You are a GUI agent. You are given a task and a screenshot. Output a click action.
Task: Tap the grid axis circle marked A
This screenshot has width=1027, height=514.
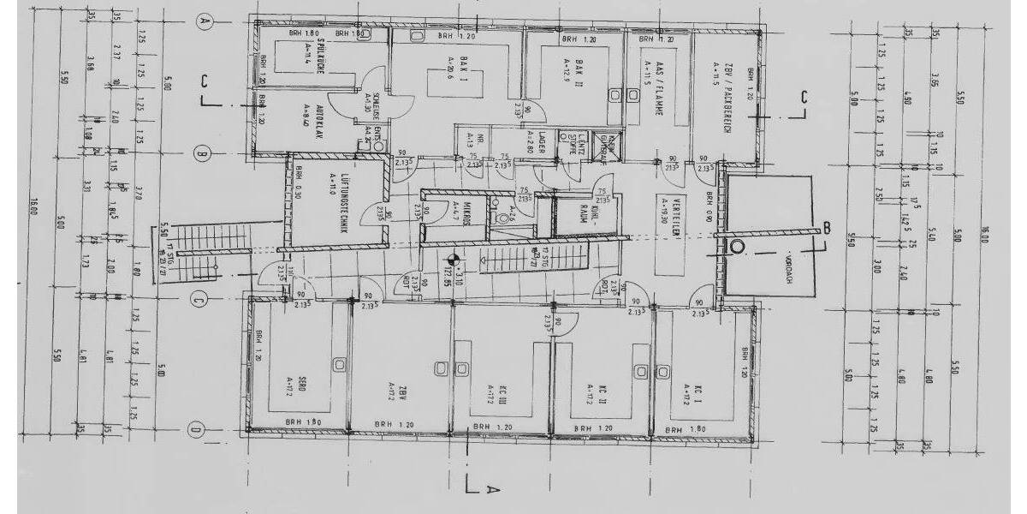click(204, 22)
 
